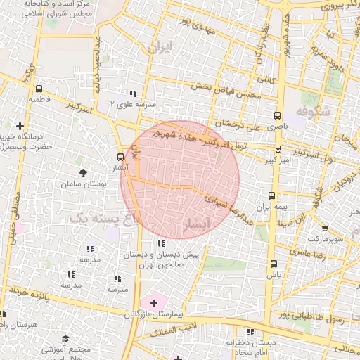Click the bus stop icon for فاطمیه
coord(38,89)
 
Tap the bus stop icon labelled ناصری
coord(277,115)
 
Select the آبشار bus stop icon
coord(120,157)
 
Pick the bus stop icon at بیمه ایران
coord(271,196)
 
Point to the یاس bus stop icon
coord(274,264)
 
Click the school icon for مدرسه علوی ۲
coord(132,94)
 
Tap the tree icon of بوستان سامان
coord(84,172)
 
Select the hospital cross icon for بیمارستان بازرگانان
coord(154,302)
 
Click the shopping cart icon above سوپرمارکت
coord(324,229)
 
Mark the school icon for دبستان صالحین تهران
coord(162,243)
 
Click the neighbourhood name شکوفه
coord(313,111)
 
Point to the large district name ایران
coord(160,47)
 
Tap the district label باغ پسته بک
coord(105,219)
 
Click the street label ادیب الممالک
coord(178,330)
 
